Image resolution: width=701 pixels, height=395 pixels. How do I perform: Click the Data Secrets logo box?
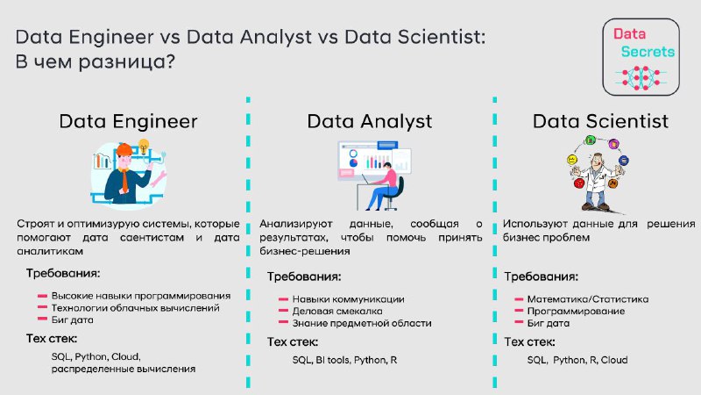click(641, 57)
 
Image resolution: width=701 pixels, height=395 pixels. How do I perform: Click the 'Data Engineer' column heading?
click(128, 121)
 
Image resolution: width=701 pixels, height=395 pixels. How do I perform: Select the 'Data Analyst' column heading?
click(369, 122)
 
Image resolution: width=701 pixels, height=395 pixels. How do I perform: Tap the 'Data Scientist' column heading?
click(600, 121)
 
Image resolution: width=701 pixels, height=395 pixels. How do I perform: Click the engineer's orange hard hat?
click(124, 149)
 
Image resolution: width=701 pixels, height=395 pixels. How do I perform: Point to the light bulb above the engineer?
click(144, 146)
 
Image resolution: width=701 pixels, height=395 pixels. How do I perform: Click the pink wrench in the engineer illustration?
click(159, 178)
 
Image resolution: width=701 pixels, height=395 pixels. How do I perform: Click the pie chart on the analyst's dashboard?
click(353, 162)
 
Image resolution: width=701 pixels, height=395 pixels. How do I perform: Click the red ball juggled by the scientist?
click(579, 183)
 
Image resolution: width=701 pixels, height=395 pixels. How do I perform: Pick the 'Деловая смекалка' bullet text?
click(337, 311)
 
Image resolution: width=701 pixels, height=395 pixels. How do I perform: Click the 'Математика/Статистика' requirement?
click(587, 298)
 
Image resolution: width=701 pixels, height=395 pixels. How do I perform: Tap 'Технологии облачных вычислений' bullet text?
click(136, 308)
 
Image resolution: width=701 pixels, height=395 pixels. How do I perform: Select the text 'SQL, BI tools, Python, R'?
click(344, 360)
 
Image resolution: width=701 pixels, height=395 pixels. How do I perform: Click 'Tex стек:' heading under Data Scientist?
click(529, 341)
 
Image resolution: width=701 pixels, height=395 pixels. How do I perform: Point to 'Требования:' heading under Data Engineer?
click(62, 273)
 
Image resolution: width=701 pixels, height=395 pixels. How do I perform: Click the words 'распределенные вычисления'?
click(124, 369)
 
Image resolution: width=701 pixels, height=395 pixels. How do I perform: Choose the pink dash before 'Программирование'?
click(519, 311)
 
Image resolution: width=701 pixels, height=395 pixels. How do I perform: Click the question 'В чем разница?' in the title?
click(95, 61)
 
